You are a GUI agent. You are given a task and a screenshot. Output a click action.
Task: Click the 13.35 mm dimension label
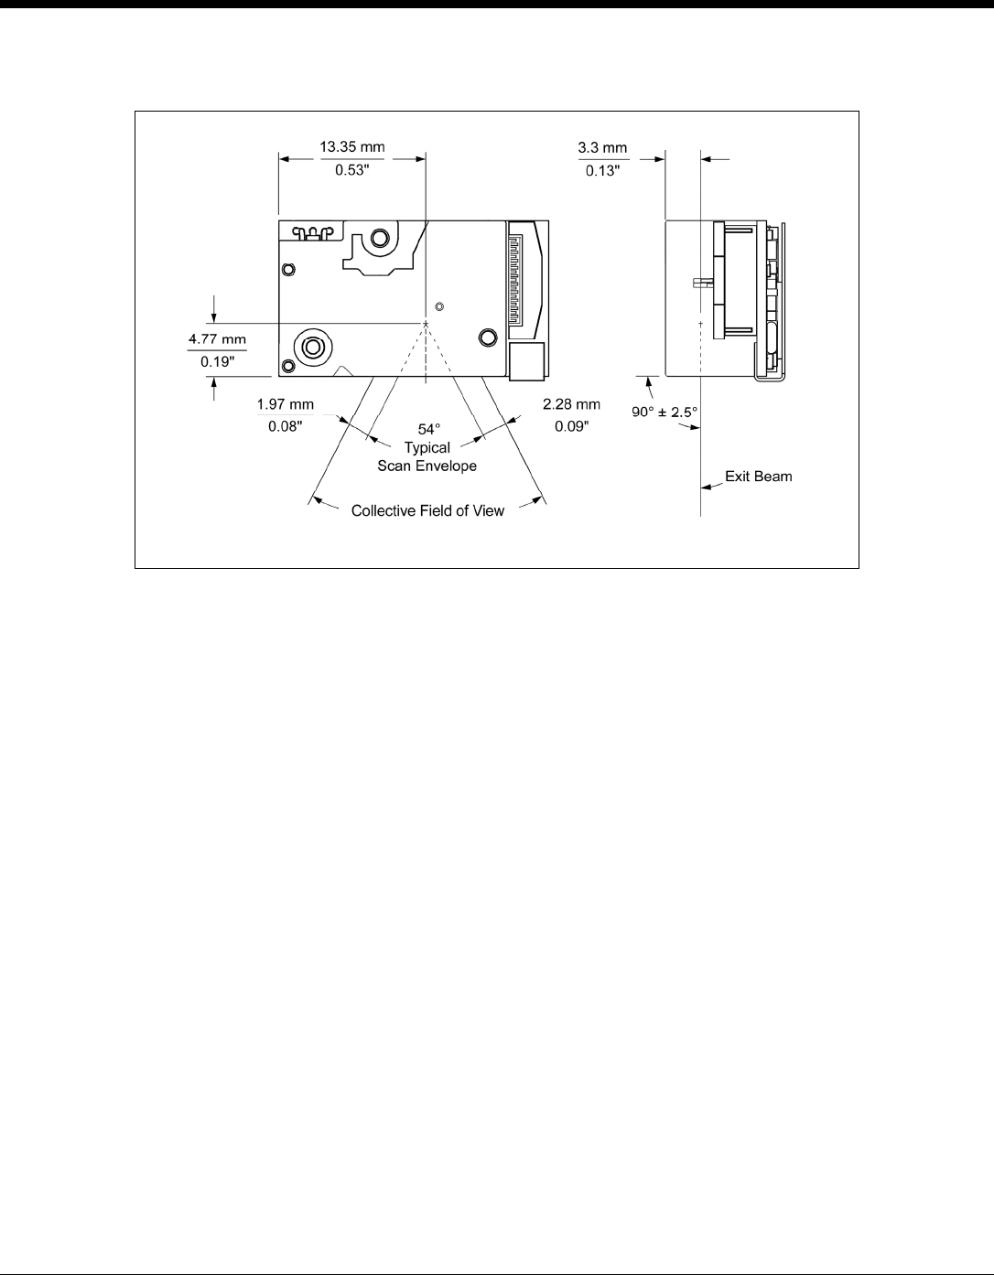[x=351, y=146]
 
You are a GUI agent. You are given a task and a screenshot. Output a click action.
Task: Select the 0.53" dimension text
[x=351, y=170]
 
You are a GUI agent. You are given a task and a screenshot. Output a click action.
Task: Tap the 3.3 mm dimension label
[x=602, y=147]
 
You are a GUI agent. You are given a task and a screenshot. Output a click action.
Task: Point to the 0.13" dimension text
[x=603, y=171]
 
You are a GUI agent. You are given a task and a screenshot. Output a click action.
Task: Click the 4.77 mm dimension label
[x=217, y=339]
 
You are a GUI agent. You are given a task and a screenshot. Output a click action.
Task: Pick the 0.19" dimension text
[x=217, y=362]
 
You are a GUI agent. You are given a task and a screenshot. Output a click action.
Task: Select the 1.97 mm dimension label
[x=286, y=404]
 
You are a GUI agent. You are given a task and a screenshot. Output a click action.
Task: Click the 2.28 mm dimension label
[x=571, y=404]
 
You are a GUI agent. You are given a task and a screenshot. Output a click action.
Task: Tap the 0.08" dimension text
[x=286, y=426]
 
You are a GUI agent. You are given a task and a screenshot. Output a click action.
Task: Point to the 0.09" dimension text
[x=572, y=426]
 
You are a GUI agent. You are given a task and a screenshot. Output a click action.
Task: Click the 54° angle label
[x=429, y=430]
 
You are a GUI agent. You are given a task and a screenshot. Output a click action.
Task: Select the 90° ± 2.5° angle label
[x=664, y=412]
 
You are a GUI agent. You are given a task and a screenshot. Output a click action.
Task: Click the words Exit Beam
[x=759, y=477]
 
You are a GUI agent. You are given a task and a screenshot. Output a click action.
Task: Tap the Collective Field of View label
[x=427, y=511]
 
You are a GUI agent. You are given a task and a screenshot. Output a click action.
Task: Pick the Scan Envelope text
[x=427, y=466]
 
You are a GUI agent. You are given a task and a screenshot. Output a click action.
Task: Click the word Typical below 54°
[x=427, y=447]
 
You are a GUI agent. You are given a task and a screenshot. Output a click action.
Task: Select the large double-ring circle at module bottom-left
[x=313, y=348]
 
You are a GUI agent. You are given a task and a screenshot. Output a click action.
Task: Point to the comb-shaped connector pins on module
[x=515, y=281]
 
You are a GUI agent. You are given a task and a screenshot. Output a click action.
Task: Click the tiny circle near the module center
[x=439, y=306]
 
